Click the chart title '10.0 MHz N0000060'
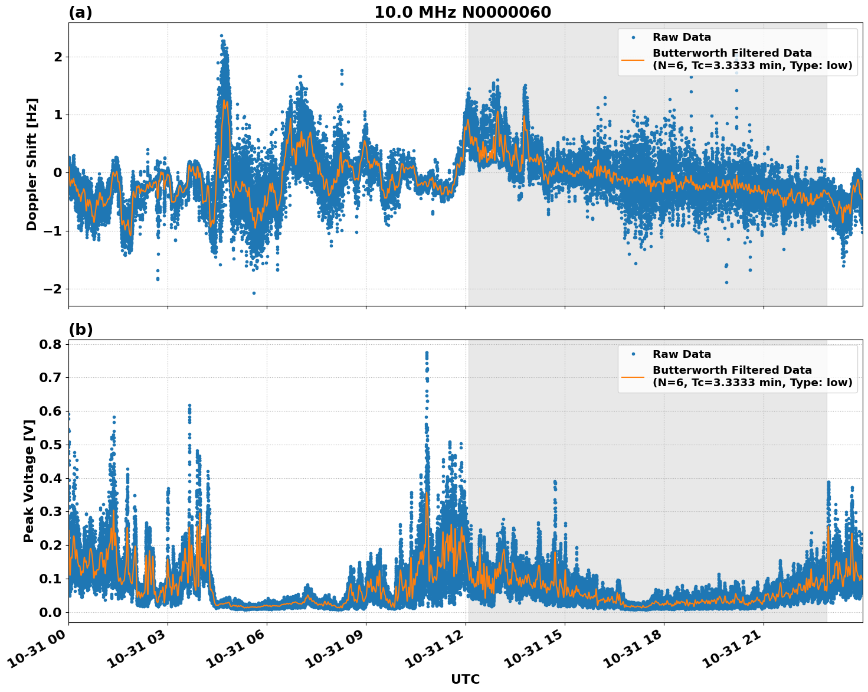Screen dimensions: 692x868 (x=463, y=12)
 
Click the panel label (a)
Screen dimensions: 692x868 (x=80, y=12)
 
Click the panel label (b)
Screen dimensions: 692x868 (x=81, y=329)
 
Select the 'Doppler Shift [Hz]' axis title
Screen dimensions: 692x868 (x=32, y=164)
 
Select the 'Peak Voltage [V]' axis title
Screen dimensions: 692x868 (x=29, y=481)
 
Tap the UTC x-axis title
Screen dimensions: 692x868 (x=465, y=679)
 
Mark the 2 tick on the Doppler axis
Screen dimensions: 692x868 (x=58, y=57)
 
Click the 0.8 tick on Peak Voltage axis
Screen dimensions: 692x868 (x=51, y=344)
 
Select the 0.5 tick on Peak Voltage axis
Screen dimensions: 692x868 (x=51, y=445)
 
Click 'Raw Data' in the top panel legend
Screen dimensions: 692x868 (x=682, y=37)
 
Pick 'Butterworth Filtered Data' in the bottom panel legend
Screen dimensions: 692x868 (x=732, y=370)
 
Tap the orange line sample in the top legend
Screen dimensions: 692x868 (x=633, y=60)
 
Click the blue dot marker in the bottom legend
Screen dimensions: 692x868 (x=633, y=354)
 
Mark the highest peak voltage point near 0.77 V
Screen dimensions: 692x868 (x=427, y=352)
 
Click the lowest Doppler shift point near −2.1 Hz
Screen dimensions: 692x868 (x=254, y=293)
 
